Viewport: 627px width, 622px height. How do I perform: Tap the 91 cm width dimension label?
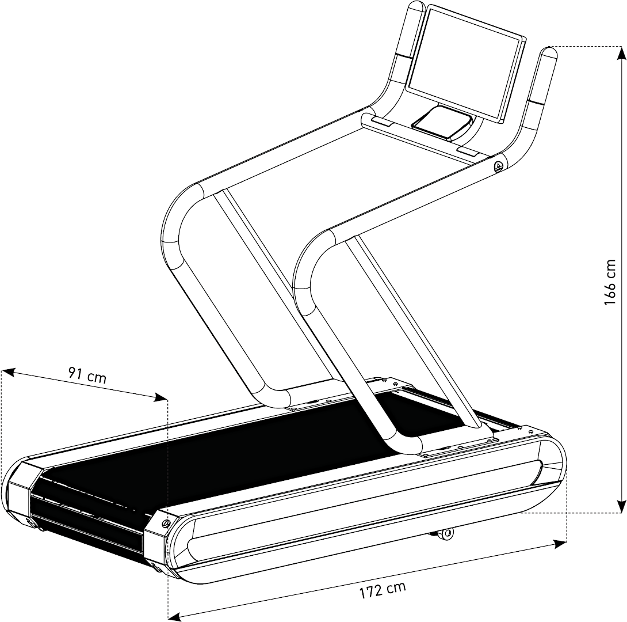(87, 375)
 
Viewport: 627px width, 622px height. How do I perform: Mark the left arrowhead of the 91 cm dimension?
(9, 372)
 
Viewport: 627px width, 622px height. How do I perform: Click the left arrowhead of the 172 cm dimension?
(176, 615)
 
